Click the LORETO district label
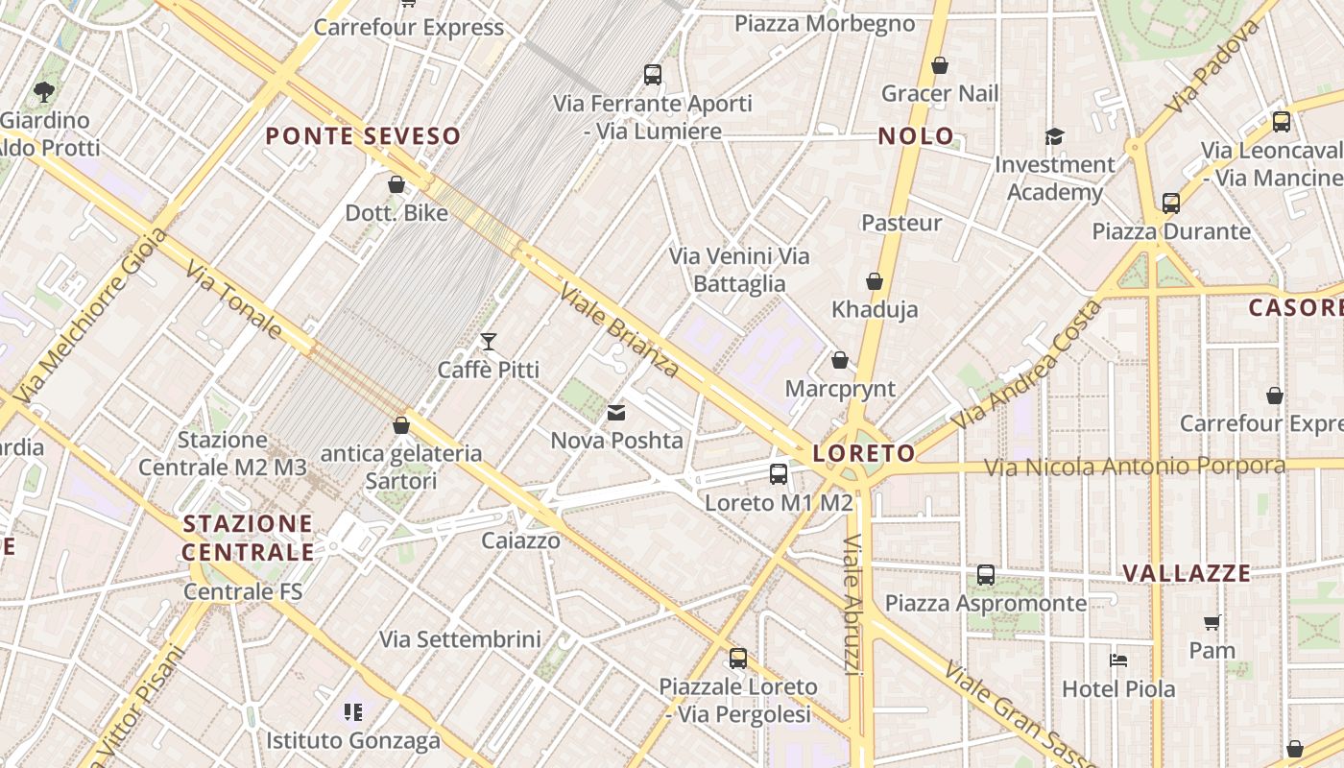(864, 453)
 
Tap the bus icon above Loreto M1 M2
(779, 473)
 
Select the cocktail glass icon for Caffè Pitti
(489, 341)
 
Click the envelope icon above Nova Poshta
(616, 413)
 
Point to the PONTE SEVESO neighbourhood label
(363, 136)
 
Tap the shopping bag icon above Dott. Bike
(396, 183)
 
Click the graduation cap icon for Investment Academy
(1054, 136)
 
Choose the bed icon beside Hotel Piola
(1118, 660)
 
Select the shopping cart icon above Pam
(1212, 622)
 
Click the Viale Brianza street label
(618, 331)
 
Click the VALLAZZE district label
(1187, 574)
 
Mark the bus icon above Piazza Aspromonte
(986, 575)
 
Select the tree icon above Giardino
(43, 92)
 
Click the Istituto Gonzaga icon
(353, 712)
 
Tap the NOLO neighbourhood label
(916, 136)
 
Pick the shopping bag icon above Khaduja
(875, 281)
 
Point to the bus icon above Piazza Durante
(1171, 204)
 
